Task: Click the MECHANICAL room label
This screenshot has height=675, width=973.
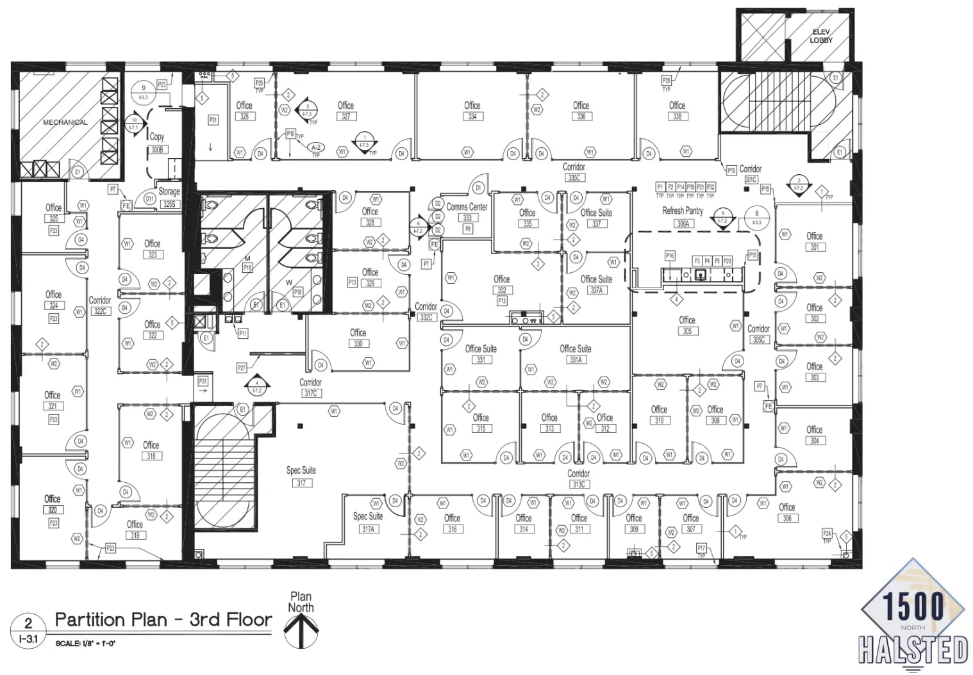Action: [x=65, y=122]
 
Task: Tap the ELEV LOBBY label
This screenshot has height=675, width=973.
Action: [x=820, y=36]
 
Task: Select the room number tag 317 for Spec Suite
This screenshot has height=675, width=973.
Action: [x=301, y=484]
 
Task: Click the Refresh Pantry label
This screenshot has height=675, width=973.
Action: [x=682, y=211]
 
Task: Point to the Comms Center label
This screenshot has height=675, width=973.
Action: [x=467, y=207]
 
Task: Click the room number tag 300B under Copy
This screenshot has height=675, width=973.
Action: [x=157, y=149]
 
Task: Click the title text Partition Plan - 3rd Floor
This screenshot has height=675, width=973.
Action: [x=163, y=620]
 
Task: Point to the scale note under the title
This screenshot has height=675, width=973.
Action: [x=85, y=643]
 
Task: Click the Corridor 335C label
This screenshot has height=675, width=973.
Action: [x=574, y=172]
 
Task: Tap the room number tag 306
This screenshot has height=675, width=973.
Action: [x=787, y=518]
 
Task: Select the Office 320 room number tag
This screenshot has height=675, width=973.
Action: [x=53, y=510]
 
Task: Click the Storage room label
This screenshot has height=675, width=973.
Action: [x=169, y=191]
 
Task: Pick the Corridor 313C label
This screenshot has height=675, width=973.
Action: [x=578, y=478]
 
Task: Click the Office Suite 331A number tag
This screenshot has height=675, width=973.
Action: [x=576, y=360]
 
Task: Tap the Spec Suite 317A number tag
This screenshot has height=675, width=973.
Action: [x=368, y=529]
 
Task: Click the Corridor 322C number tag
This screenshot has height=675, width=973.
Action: [x=100, y=311]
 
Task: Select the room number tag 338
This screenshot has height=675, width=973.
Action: [x=677, y=117]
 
